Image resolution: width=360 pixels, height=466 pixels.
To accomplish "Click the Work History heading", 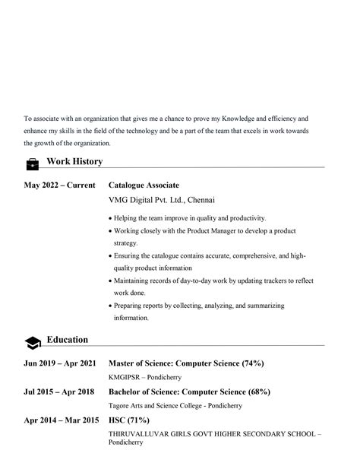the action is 74,161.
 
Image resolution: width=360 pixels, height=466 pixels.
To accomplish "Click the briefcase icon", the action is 33,163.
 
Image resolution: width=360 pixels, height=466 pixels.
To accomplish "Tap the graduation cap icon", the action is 33,342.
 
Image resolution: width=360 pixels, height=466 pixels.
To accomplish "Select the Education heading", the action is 67,340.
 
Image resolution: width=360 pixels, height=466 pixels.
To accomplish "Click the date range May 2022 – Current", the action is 59,185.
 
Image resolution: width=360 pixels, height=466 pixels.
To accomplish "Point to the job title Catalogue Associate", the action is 144,185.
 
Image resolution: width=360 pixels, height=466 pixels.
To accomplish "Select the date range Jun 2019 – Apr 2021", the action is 60,363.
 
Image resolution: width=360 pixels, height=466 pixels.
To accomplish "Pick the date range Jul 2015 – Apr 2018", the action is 58,392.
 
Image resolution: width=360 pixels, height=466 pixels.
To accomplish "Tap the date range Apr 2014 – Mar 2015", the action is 61,420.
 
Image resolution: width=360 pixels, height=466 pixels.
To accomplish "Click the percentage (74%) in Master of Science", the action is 252,363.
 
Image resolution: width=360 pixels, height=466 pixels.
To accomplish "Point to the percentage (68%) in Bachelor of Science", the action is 258,392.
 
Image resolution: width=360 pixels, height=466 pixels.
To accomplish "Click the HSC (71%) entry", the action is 128,420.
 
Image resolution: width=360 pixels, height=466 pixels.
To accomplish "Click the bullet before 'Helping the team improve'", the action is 110,218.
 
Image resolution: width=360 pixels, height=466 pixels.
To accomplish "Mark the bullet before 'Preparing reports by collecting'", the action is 110,306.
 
